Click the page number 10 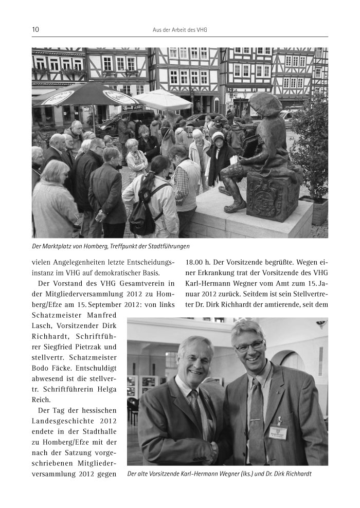click(x=35, y=30)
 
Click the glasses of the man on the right click(x=250, y=347)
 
